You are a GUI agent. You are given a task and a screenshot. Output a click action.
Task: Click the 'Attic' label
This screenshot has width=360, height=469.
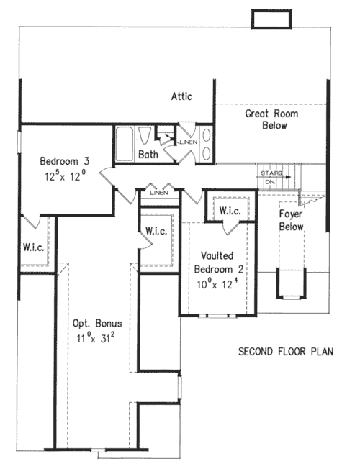[181, 96]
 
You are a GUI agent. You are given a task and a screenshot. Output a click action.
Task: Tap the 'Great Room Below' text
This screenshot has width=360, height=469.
[266, 119]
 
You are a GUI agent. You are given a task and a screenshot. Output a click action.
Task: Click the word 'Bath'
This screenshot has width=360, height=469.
[148, 154]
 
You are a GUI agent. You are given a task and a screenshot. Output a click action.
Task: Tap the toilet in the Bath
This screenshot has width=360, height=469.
[146, 136]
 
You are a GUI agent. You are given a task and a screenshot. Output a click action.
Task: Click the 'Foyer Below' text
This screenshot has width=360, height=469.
[292, 221]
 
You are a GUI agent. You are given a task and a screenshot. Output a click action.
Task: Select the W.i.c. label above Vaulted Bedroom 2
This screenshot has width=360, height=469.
[230, 211]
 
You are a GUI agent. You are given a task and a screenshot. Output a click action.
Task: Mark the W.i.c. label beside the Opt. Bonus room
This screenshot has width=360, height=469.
[157, 231]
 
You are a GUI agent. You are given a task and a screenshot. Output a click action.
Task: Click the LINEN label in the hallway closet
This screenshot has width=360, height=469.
[159, 193]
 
